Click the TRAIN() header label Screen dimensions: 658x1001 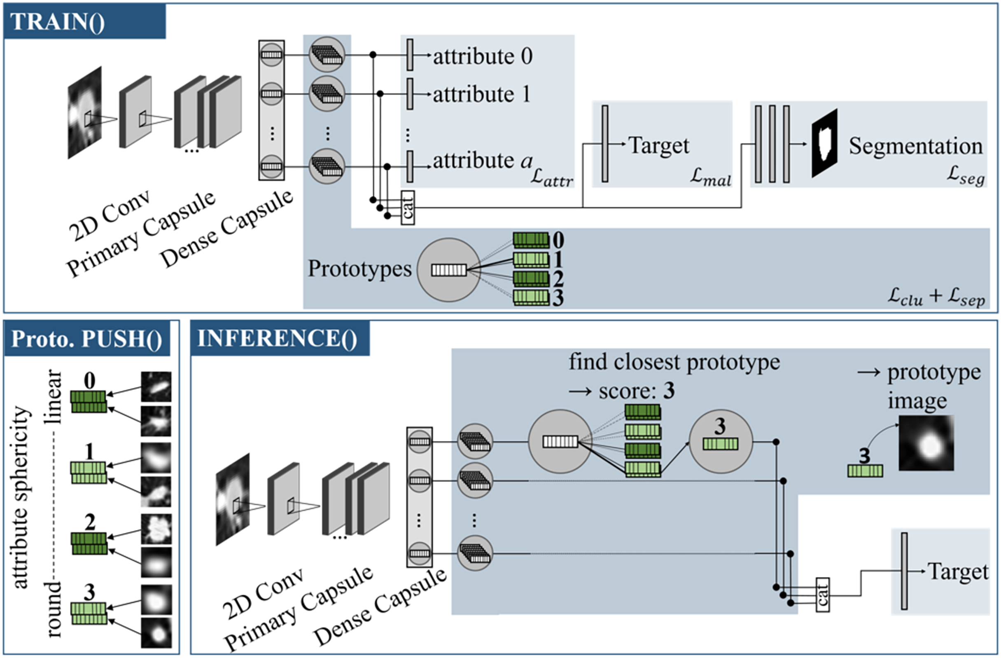[58, 21]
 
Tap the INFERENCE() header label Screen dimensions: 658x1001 [277, 338]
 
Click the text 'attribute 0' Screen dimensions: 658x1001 [483, 56]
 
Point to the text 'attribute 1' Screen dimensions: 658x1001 [482, 94]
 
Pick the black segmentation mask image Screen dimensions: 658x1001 [824, 143]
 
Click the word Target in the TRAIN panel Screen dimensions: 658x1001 [659, 146]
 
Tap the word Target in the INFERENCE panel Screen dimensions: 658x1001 [958, 572]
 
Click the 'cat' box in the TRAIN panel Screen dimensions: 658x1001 [408, 207]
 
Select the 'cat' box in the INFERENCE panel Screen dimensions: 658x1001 [822, 595]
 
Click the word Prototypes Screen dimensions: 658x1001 [359, 268]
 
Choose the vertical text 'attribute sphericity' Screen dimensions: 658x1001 [21, 497]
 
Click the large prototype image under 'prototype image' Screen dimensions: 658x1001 [926, 443]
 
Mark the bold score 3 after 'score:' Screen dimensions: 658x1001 [669, 391]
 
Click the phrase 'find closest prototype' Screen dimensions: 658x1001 [674, 362]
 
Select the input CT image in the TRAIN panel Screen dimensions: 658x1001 [84, 113]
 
